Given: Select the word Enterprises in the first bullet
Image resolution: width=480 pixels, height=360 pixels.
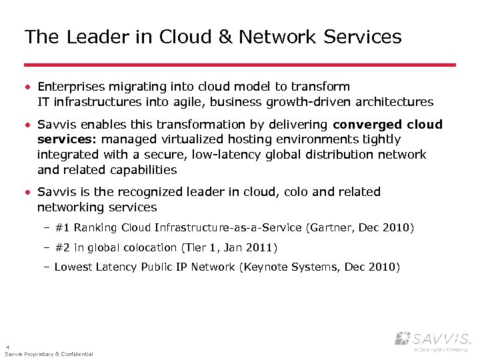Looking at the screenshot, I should tap(70, 87).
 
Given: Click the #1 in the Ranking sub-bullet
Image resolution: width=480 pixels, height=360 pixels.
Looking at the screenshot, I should tap(63, 228).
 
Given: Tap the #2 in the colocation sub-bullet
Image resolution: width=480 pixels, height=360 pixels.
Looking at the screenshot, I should tap(63, 247).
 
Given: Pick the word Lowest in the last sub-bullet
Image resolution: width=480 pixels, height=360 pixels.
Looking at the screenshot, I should tap(73, 267).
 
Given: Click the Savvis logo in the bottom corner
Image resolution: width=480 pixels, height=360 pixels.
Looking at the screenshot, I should tap(433, 340).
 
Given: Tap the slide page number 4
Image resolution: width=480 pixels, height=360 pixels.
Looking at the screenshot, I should tap(7, 347).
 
